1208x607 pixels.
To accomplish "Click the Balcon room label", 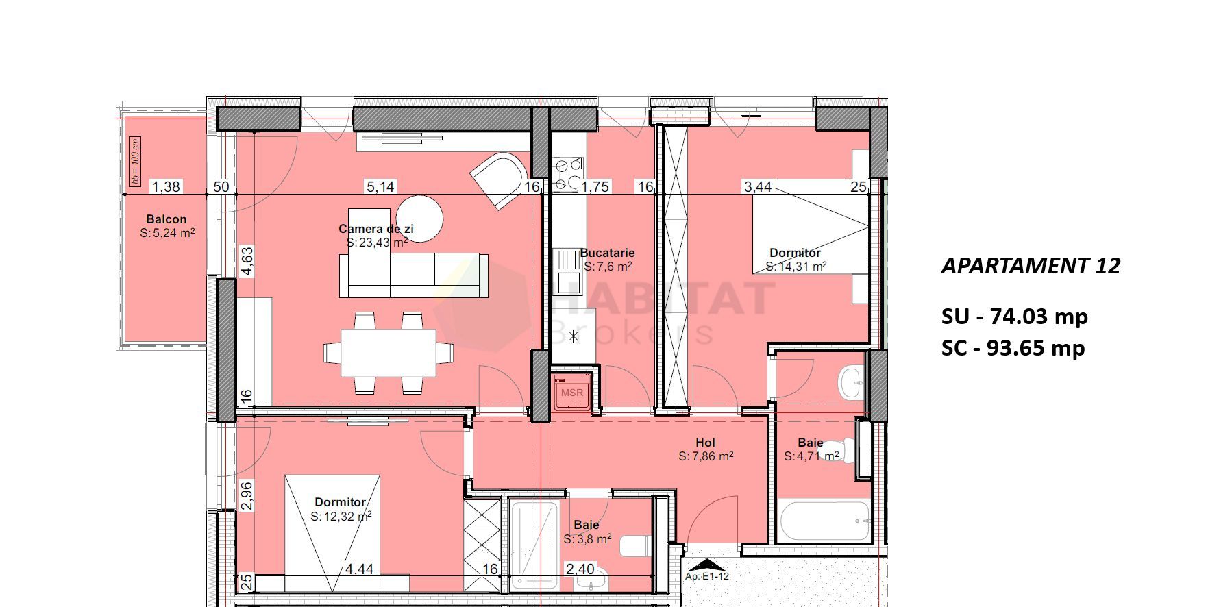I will (x=166, y=219).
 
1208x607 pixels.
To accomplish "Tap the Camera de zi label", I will (x=375, y=229).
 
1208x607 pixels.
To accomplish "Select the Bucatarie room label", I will (x=607, y=253).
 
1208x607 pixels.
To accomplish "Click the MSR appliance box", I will (x=572, y=393).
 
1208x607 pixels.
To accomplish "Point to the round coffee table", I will (x=419, y=219).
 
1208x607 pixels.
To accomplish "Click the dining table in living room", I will (x=389, y=352).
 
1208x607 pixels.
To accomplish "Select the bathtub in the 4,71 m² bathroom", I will (x=825, y=521).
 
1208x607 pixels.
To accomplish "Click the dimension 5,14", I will (x=380, y=186).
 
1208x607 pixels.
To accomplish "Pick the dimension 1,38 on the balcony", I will (x=165, y=186).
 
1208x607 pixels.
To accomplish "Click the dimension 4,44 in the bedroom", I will (x=359, y=569).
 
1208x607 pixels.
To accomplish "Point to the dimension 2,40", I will (x=580, y=569).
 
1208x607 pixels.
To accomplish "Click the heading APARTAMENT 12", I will (x=1031, y=266).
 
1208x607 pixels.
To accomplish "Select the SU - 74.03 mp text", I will (x=1014, y=317).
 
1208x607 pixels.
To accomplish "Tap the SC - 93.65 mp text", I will (x=1013, y=348).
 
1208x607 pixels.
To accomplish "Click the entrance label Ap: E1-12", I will (x=707, y=576).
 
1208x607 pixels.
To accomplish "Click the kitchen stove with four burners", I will (x=568, y=174).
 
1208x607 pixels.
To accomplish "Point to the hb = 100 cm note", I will (x=135, y=162).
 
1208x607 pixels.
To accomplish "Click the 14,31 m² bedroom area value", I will (x=796, y=267).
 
